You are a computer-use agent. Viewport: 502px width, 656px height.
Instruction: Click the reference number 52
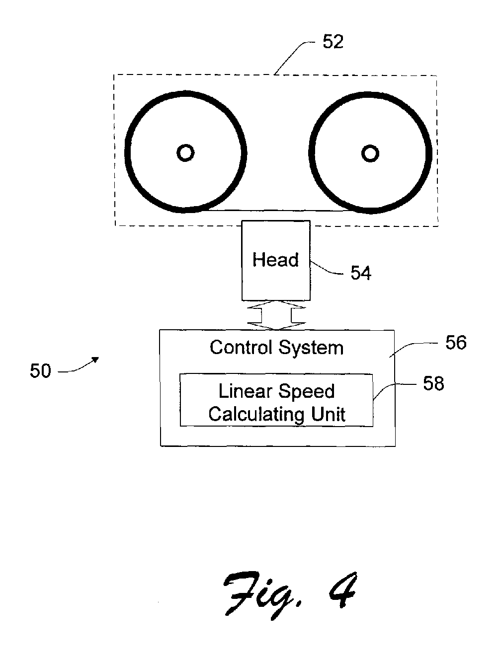click(333, 42)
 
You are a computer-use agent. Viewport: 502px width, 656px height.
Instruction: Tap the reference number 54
click(361, 273)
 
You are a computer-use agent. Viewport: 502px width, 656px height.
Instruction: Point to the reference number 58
click(433, 383)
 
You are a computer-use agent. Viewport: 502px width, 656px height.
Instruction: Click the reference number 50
click(40, 371)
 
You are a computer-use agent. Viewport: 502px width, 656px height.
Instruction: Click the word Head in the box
click(275, 260)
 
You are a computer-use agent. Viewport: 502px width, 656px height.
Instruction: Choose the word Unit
click(328, 414)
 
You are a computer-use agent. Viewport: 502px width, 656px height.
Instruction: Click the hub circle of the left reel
click(185, 153)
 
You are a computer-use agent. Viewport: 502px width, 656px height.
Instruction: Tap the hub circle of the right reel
click(370, 153)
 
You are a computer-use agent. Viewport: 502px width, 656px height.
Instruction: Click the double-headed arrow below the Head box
click(276, 315)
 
